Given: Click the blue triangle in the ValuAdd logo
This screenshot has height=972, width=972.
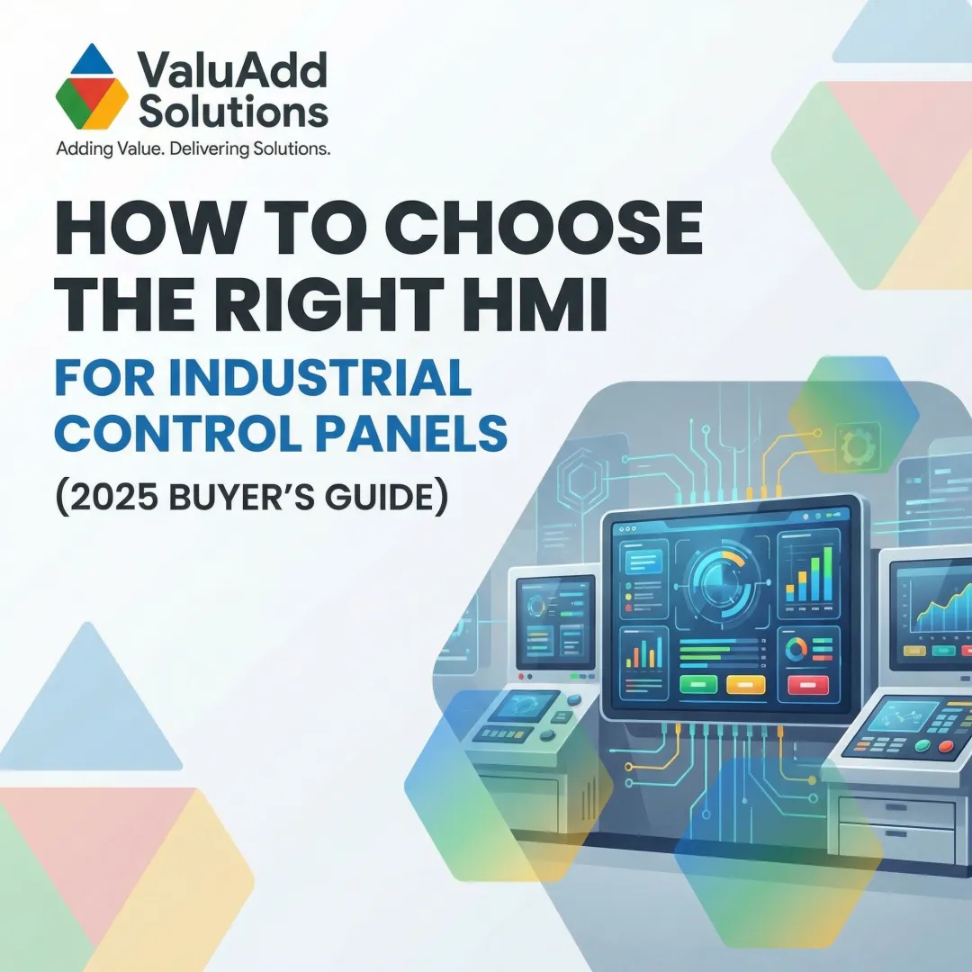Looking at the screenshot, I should tap(97, 61).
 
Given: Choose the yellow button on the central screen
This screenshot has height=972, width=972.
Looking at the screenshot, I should tap(745, 684).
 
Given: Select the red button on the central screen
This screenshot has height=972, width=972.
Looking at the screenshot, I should tap(807, 685).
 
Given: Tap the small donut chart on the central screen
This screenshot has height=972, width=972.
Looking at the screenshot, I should tap(796, 648).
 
